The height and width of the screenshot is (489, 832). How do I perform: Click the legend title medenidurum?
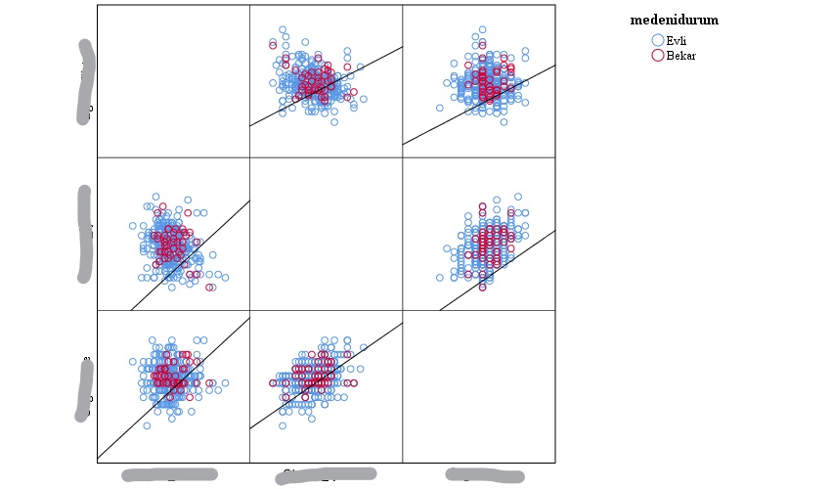[x=674, y=20]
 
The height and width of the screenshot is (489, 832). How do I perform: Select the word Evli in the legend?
[x=677, y=40]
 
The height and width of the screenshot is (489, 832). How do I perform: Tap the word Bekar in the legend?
[x=681, y=56]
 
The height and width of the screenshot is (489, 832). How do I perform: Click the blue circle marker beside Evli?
[x=658, y=40]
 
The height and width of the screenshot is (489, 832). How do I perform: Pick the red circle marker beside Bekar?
[x=658, y=56]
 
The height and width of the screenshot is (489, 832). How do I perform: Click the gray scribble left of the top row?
[x=85, y=82]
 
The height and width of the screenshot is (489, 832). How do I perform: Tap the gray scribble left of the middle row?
[x=84, y=233]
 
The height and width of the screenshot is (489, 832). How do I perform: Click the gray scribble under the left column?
[x=169, y=474]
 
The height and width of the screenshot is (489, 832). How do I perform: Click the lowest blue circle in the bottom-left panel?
[x=147, y=425]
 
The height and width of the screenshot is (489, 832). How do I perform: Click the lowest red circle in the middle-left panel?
[x=210, y=288]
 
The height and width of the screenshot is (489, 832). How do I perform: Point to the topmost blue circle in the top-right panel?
[x=482, y=29]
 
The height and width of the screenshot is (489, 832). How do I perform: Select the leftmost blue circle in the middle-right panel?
[x=439, y=277]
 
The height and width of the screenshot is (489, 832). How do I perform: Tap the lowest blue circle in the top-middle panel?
[x=333, y=122]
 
